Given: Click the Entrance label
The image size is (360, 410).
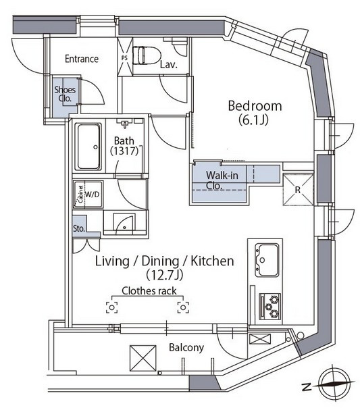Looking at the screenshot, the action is [82, 59].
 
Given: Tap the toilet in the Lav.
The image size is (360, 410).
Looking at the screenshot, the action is [147, 55].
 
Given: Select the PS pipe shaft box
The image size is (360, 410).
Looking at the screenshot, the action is [125, 57].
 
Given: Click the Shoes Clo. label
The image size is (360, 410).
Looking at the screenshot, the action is [65, 94].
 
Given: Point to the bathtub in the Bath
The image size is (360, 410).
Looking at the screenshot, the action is [88, 147].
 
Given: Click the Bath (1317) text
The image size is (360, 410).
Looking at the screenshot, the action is [124, 146].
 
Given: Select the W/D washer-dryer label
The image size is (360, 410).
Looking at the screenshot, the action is [93, 195].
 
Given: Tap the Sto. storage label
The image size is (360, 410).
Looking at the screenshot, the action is [79, 229].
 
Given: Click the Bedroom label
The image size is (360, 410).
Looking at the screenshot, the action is [255, 106].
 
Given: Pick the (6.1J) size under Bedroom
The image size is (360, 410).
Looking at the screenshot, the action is [253, 120].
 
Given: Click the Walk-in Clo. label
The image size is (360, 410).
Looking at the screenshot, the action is [222, 180].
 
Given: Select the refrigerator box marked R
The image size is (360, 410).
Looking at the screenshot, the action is [299, 190].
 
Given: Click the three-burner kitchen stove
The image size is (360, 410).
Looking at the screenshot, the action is [270, 306].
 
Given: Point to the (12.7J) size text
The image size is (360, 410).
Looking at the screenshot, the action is [164, 275].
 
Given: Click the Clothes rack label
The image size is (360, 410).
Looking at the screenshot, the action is [149, 291].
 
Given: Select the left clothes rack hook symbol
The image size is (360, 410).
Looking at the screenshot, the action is [112, 307].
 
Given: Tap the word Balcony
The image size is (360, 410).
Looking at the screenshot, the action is [186, 348].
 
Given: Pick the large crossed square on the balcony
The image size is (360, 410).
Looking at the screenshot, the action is [143, 358].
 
